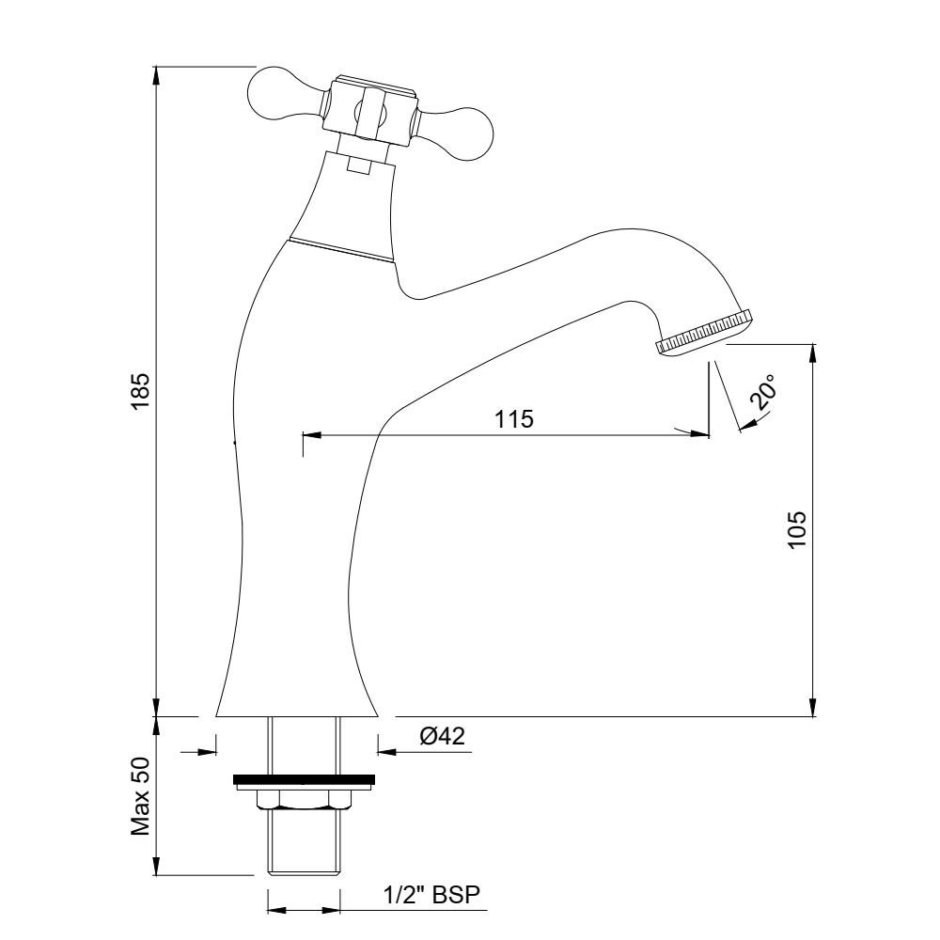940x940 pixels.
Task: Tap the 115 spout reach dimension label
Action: point(514,419)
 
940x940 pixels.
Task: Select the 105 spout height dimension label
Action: point(797,529)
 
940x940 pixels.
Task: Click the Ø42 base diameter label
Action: point(443,736)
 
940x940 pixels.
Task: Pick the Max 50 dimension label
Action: point(140,796)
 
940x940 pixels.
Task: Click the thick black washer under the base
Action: point(304,779)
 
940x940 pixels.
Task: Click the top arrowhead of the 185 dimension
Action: point(156,76)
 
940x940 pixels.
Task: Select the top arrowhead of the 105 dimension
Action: point(813,353)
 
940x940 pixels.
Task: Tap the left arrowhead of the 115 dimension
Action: point(313,433)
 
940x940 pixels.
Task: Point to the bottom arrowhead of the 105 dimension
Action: point(813,706)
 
